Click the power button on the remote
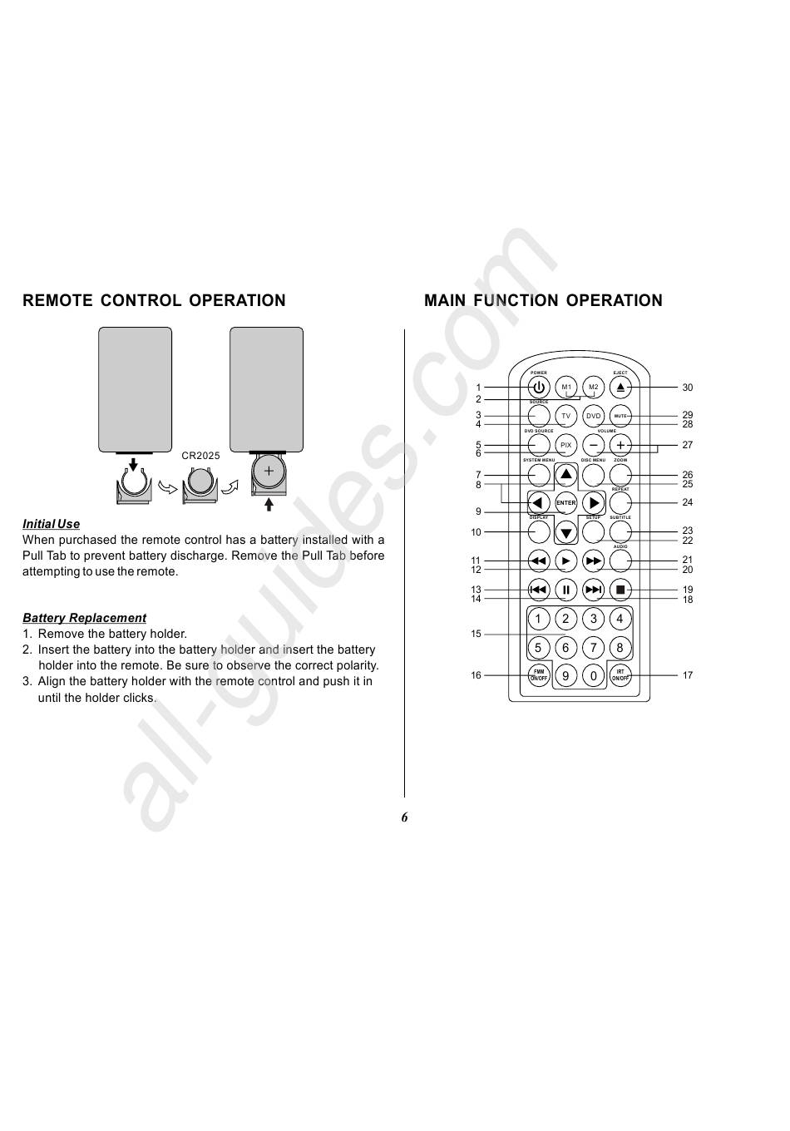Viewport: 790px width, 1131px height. pyautogui.click(x=539, y=388)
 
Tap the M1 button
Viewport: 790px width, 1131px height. pyautogui.click(x=566, y=388)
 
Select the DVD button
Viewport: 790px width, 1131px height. pyautogui.click(x=593, y=416)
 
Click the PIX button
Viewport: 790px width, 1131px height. pyautogui.click(x=566, y=445)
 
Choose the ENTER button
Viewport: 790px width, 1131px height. pyautogui.click(x=566, y=503)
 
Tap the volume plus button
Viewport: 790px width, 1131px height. pyautogui.click(x=620, y=445)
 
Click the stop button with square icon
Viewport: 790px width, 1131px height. pyautogui.click(x=620, y=590)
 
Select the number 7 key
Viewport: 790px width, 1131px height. pyautogui.click(x=593, y=647)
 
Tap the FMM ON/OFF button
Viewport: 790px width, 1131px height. pyautogui.click(x=539, y=675)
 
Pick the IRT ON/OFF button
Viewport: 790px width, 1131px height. pyautogui.click(x=620, y=675)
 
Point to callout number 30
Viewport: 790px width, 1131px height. pyautogui.click(x=688, y=388)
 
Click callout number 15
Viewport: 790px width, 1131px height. pyautogui.click(x=476, y=635)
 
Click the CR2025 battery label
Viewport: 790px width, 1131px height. pyautogui.click(x=201, y=457)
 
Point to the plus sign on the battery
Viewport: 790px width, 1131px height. pyautogui.click(x=269, y=472)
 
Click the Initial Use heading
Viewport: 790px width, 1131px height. pyautogui.click(x=52, y=524)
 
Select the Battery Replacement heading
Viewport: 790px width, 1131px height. pyautogui.click(x=84, y=618)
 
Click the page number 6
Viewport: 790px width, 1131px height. pyautogui.click(x=405, y=817)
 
